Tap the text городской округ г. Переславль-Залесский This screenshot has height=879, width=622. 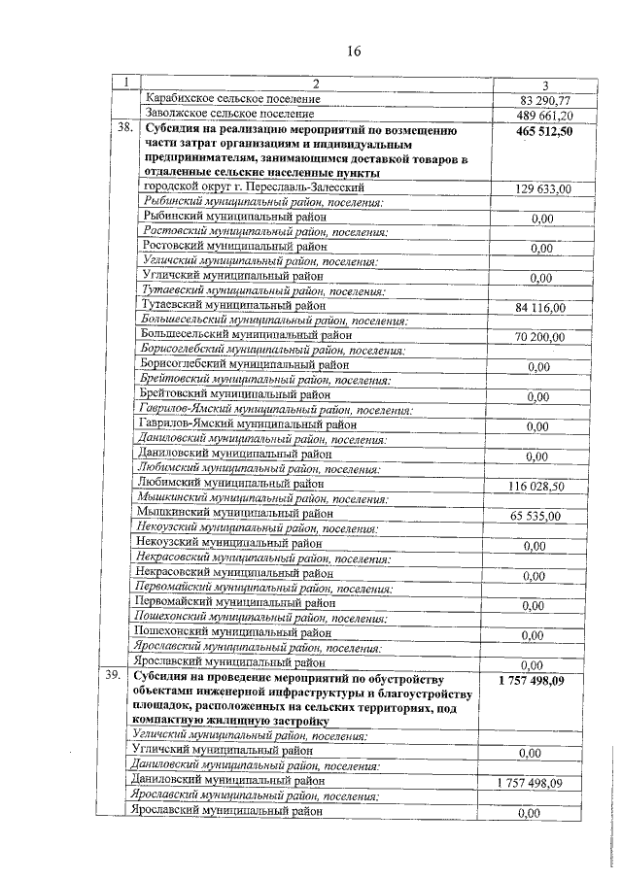click(254, 186)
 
